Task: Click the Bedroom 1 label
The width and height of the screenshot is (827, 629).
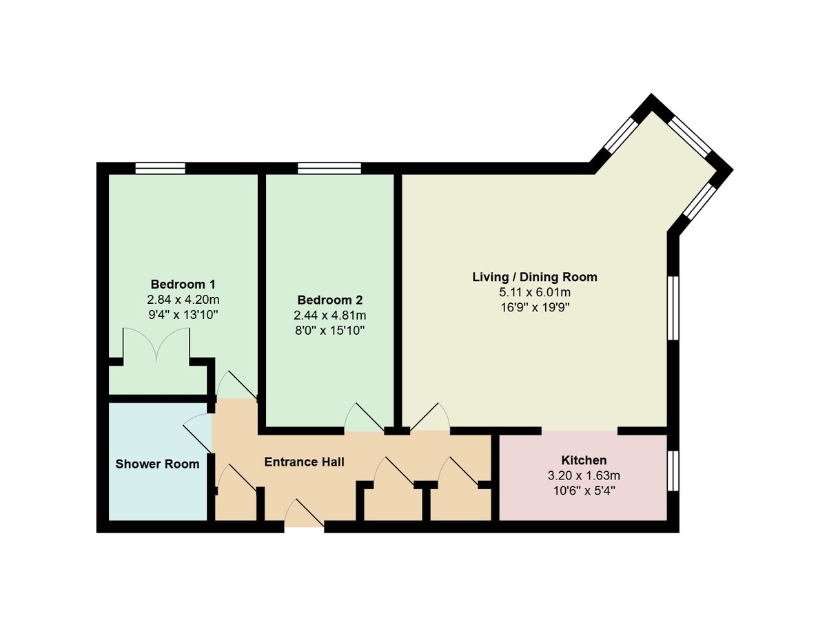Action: [183, 284]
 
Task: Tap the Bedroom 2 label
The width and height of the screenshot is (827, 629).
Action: [329, 300]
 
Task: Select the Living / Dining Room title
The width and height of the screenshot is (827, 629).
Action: [535, 277]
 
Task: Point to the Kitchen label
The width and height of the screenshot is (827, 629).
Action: [584, 460]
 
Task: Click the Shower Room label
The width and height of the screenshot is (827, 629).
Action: [157, 464]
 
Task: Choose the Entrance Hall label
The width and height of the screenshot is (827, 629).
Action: [304, 462]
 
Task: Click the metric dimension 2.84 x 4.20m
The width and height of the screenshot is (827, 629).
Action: [183, 300]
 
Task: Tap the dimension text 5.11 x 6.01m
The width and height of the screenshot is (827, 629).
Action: [535, 292]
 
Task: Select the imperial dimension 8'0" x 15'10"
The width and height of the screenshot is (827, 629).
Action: [329, 331]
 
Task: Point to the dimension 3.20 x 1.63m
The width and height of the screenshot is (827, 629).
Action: [584, 475]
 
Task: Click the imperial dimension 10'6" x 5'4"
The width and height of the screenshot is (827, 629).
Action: [584, 491]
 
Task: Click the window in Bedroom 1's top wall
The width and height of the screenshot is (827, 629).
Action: [161, 168]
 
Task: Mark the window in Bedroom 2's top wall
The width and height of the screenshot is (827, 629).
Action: [329, 168]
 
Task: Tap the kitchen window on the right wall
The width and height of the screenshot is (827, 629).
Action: [673, 471]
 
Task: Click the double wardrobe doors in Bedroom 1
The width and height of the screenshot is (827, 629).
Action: [156, 344]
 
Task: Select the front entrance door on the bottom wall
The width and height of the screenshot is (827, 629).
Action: [304, 515]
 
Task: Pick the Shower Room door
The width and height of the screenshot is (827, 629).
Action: [196, 433]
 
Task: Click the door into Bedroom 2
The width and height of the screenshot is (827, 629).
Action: [365, 417]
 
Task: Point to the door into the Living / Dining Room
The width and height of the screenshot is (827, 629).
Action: [430, 417]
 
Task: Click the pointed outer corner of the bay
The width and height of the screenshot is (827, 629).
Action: [651, 94]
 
